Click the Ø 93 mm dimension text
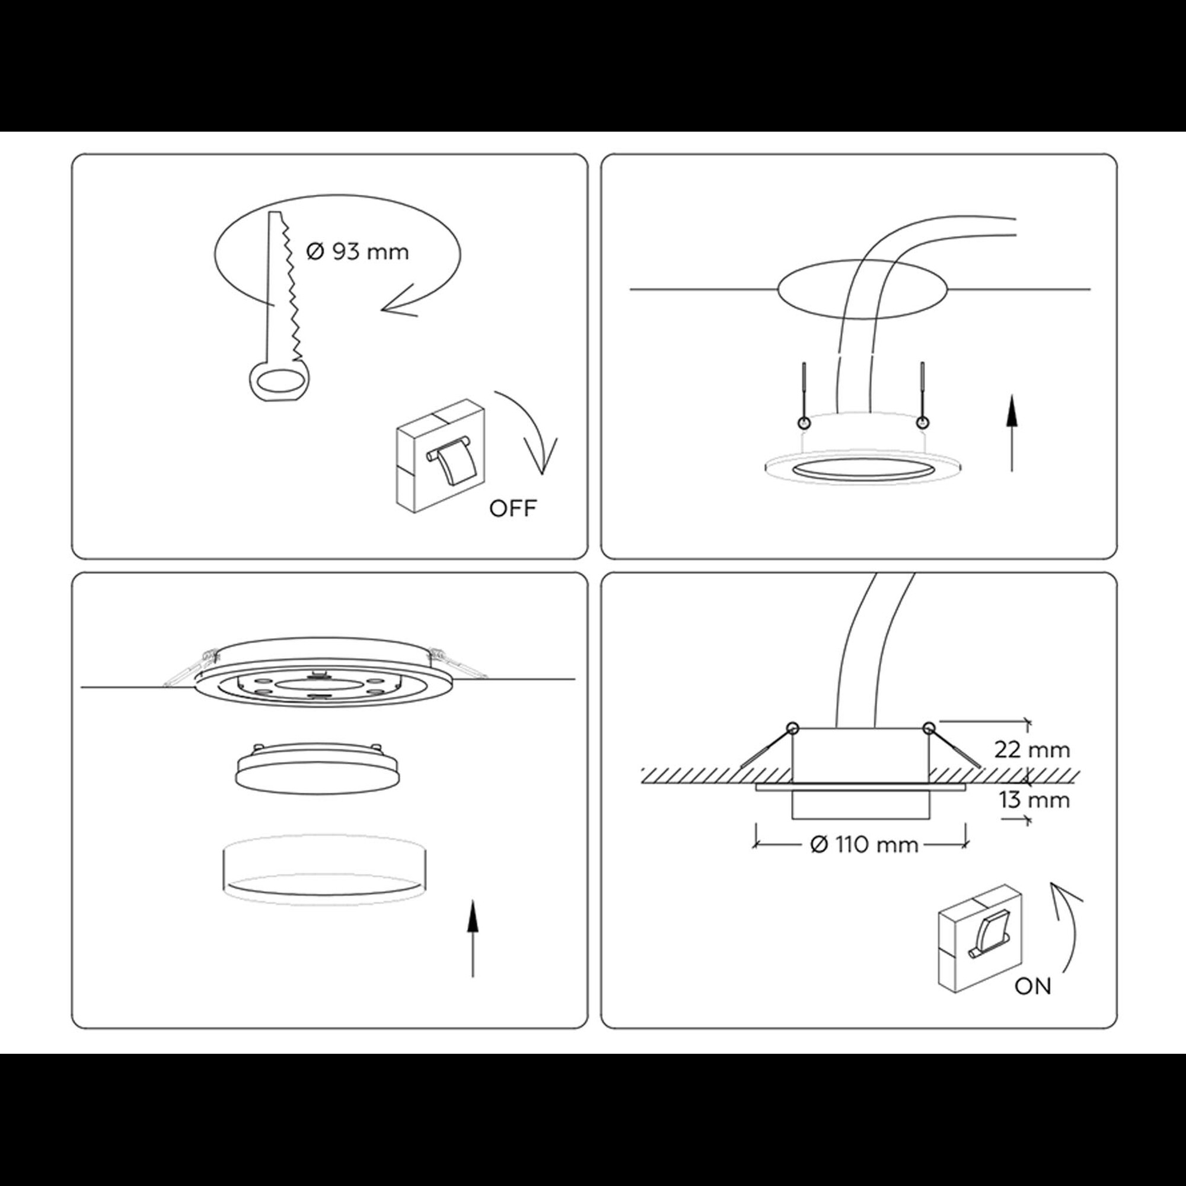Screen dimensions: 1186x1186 [356, 252]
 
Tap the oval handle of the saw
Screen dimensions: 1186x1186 [279, 382]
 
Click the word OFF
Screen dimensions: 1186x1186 [512, 508]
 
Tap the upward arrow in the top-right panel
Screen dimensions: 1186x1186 [1012, 433]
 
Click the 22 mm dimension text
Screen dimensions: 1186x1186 [1032, 750]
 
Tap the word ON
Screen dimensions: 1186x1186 [1033, 1004]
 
